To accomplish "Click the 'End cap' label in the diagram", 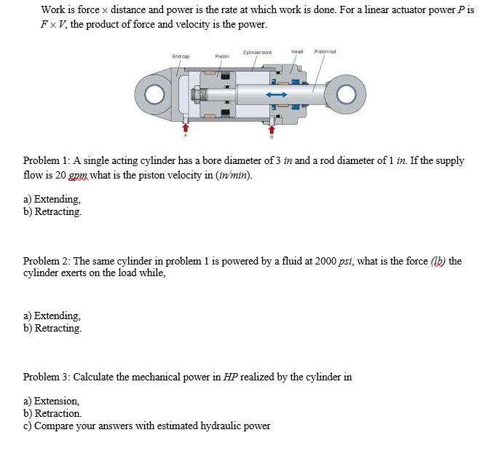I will [181, 56].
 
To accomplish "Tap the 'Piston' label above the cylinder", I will [222, 56].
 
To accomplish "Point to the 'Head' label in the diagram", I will [296, 51].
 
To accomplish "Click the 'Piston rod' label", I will [323, 51].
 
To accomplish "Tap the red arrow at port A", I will [185, 127].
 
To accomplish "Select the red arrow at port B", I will [272, 128].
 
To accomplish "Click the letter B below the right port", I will [272, 136].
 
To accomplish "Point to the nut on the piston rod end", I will [196, 95].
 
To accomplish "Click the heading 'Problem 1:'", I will [47, 161].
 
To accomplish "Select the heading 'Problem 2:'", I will [47, 261].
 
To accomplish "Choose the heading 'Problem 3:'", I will [47, 377].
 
